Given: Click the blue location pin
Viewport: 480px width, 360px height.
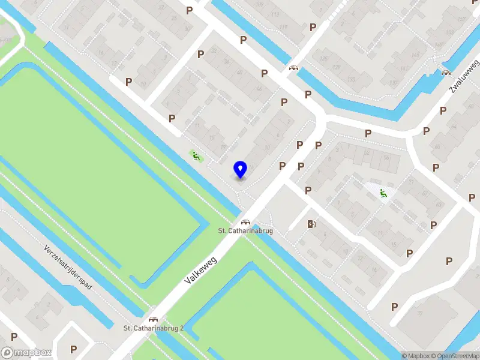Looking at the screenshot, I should pos(240,169).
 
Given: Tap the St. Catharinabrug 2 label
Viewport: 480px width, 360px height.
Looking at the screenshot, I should pos(154,328).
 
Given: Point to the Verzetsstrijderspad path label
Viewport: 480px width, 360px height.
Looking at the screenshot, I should pos(68,267).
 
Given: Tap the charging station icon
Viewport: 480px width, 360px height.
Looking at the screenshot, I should pos(311,224).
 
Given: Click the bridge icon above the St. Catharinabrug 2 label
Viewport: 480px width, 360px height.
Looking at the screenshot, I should pos(153,319).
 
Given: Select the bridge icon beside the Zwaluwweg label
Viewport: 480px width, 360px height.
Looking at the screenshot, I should pos(445,73).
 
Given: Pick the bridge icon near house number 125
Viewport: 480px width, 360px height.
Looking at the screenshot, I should pos(294,68).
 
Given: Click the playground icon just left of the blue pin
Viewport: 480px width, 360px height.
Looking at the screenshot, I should pos(196,156).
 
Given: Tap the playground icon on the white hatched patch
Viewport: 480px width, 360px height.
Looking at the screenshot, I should pos(382,193).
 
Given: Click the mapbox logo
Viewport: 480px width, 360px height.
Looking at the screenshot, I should pos(26,353).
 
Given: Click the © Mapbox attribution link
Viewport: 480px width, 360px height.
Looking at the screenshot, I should pos(415,356).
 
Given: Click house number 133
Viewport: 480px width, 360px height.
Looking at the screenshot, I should pos(351,79).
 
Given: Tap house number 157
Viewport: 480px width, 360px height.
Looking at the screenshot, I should pos(461,18).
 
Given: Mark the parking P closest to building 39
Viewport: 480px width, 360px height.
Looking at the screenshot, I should pos(395,307).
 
